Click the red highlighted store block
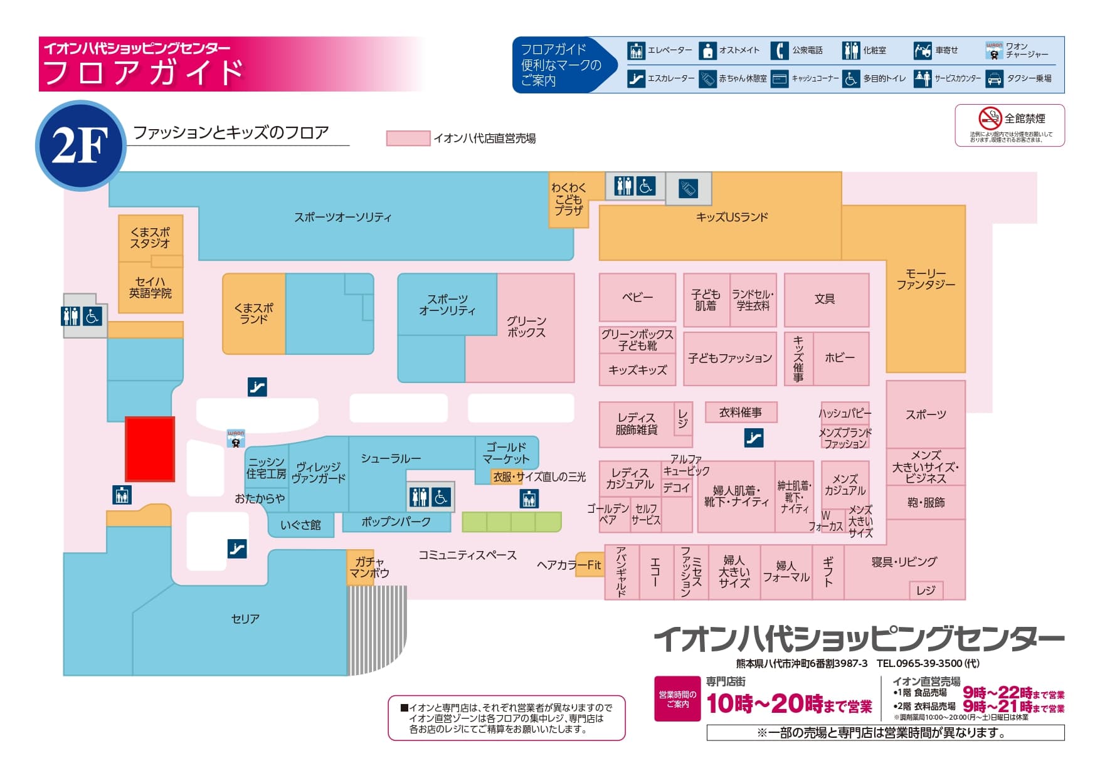pos(150,449)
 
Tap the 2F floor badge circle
pos(80,145)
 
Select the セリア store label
pos(245,619)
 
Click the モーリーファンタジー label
pos(925,279)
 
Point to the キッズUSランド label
pos(732,217)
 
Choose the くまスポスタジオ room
pos(151,238)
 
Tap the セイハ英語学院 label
pos(151,288)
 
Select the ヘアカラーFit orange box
pos(589,564)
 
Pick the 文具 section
pos(825,300)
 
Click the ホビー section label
pos(840,357)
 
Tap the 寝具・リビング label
pos(904,562)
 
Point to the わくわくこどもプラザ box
pos(569,199)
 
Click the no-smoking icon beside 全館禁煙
pos(990,118)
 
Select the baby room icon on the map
pos(688,189)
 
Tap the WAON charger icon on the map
pos(236,438)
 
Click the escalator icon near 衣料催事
pos(754,438)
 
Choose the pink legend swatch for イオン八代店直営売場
pos(408,139)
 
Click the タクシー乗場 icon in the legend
pos(995,79)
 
